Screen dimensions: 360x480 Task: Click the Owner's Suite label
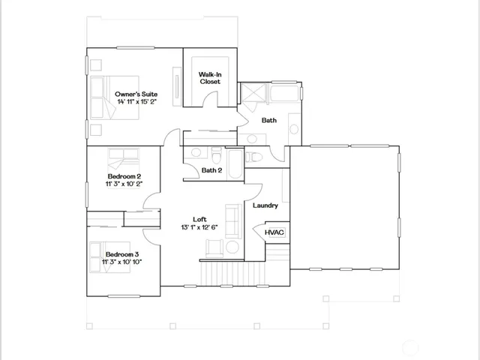point(136,94)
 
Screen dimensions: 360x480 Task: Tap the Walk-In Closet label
point(209,78)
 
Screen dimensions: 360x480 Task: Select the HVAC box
point(274,233)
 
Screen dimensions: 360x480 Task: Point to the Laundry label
point(265,205)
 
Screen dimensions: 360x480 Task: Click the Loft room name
point(199,219)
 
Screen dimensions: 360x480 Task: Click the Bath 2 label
point(212,170)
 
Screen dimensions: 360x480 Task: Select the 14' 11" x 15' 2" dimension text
point(136,102)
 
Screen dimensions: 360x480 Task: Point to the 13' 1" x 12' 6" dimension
point(199,227)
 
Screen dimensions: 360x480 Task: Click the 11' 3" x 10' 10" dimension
point(122,261)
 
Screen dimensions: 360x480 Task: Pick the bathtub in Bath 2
point(234,163)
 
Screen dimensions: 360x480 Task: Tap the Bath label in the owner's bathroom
point(269,120)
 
